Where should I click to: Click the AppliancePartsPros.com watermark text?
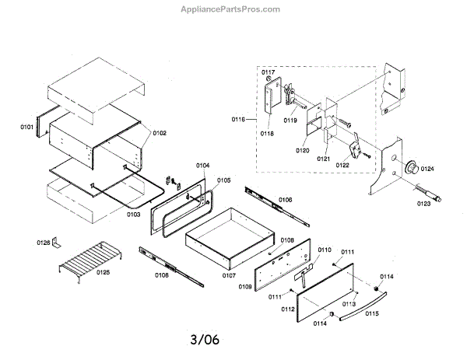pos(234,9)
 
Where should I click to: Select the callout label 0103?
pos(133,213)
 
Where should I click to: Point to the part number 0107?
pos(228,275)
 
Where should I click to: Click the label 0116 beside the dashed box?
pos(238,119)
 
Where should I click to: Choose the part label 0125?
pos(103,272)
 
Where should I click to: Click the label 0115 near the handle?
pos(371,313)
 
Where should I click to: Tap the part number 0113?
pos(349,303)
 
